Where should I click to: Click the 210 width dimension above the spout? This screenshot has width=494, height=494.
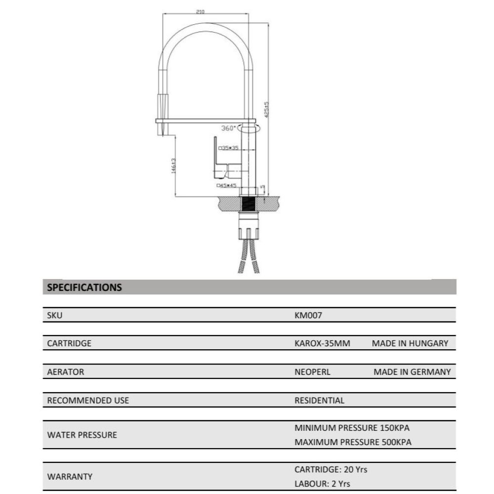tap(201, 12)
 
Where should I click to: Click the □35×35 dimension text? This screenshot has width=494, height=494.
tap(230, 148)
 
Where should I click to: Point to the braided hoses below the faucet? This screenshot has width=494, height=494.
tap(249, 257)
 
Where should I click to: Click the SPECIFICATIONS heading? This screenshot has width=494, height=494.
tap(84, 287)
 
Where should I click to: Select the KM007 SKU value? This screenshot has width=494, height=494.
tap(308, 315)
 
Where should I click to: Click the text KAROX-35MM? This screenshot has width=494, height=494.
tap(322, 343)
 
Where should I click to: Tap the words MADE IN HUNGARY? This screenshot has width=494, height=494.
tap(410, 343)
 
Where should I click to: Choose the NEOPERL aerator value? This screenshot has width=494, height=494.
tap(312, 372)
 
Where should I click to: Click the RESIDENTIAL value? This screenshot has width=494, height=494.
tap(319, 401)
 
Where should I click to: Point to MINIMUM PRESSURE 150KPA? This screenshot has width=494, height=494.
tap(352, 428)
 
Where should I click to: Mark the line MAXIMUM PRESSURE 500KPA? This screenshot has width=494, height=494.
tap(353, 442)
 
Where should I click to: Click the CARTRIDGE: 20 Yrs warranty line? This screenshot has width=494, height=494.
tap(330, 469)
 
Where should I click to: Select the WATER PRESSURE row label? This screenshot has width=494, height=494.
tap(82, 435)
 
